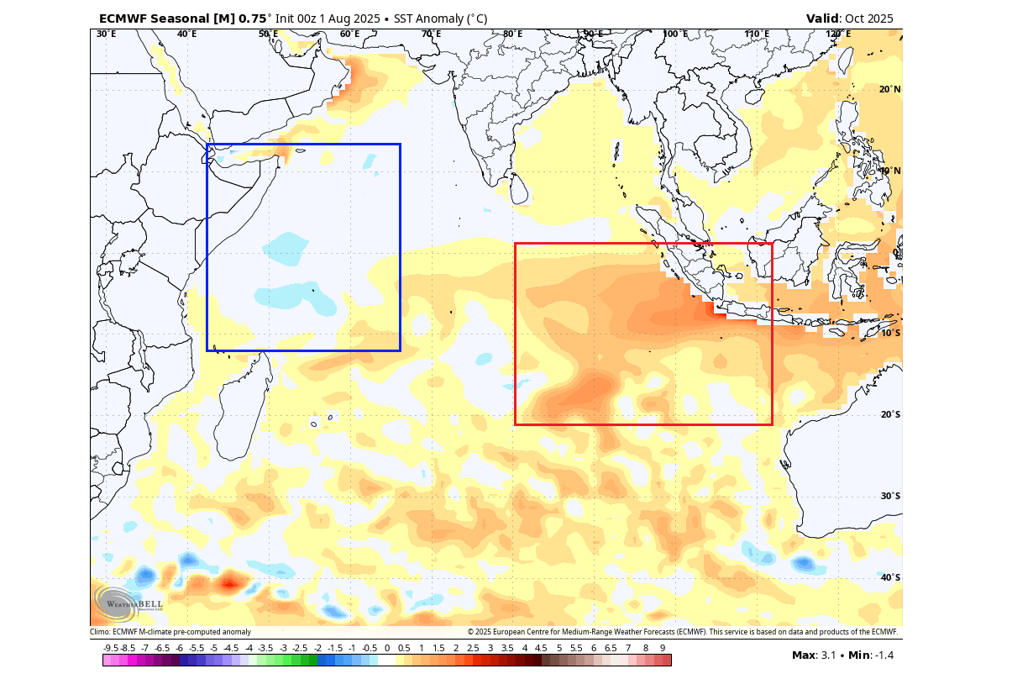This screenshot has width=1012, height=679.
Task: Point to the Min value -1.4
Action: click(884, 655)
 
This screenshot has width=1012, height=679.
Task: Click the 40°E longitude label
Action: click(186, 34)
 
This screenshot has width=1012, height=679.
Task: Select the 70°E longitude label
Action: click(431, 34)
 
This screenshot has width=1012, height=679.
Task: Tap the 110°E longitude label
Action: click(757, 34)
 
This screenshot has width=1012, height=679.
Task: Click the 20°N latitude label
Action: click(889, 90)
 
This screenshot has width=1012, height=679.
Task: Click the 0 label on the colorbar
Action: click(387, 649)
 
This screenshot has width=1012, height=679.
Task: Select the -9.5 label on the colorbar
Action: click(111, 649)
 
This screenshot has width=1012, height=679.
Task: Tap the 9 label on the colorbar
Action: click(663, 649)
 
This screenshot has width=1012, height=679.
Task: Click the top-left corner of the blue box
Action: click(207, 145)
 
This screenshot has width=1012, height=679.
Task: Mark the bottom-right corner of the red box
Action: click(772, 424)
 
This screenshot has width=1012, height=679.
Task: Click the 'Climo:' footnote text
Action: click(101, 632)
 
